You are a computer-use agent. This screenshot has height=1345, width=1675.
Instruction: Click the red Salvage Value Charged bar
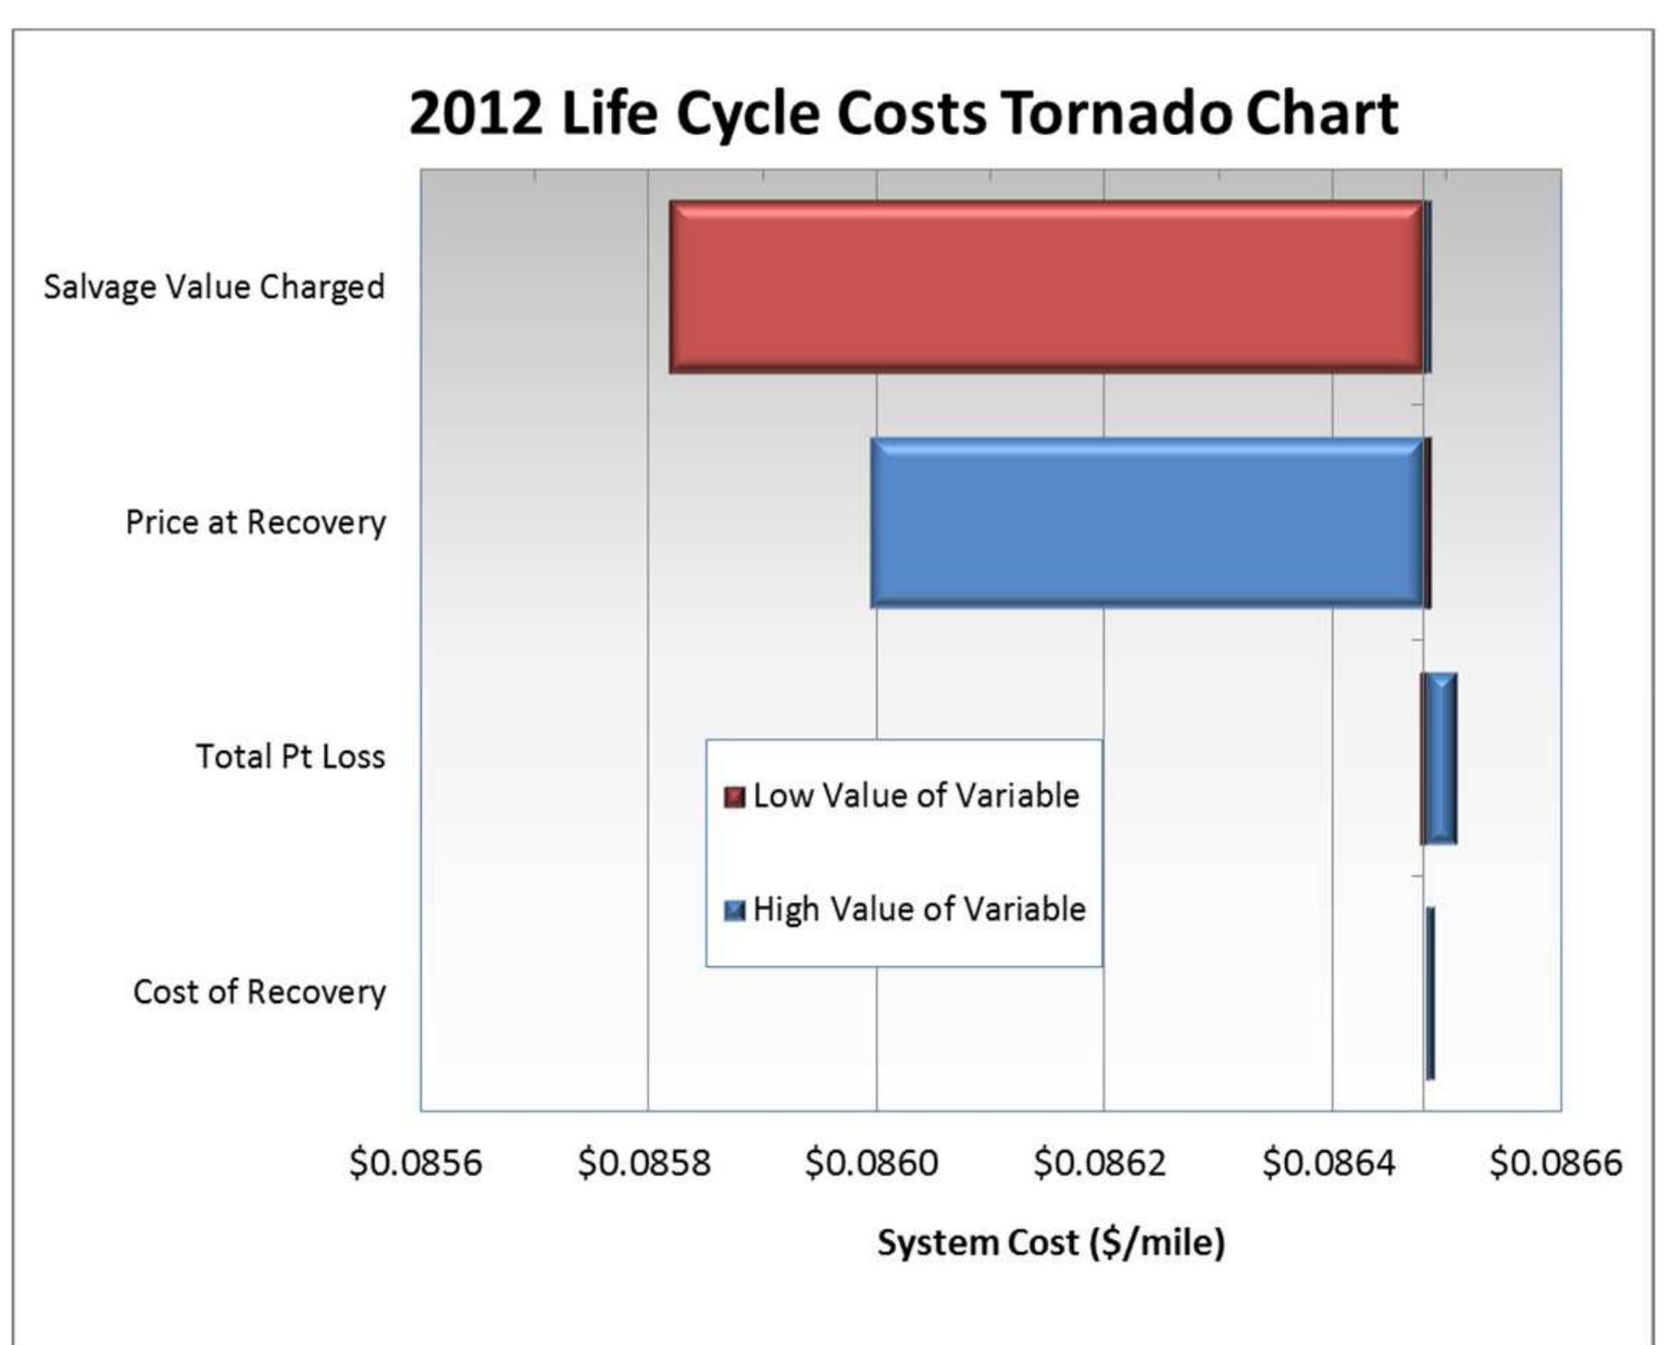point(1046,287)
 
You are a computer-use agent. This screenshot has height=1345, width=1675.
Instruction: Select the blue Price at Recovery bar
point(1147,523)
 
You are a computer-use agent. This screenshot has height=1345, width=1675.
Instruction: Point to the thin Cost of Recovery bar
point(1430,993)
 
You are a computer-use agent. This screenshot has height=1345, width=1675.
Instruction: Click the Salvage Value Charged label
point(214,287)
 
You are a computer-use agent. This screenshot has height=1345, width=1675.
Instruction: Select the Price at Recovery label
point(256,522)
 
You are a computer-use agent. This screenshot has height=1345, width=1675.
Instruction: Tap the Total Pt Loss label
point(290,756)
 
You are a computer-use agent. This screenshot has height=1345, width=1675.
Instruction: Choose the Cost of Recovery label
point(259,991)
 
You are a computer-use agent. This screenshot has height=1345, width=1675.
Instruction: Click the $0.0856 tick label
point(415,1162)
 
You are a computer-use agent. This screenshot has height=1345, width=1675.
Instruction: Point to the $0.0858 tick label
point(644,1162)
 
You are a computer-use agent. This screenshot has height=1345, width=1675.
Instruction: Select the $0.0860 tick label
point(871,1162)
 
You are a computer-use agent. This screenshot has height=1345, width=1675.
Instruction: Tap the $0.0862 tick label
point(1099,1162)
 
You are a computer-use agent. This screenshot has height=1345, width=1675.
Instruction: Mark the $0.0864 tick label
point(1327,1162)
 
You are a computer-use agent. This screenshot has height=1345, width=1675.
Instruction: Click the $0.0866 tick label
point(1555,1162)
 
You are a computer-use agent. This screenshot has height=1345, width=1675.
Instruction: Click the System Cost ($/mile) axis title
point(1050,1242)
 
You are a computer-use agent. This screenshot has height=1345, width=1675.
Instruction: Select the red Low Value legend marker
point(734,796)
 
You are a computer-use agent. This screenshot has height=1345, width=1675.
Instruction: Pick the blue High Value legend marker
point(734,910)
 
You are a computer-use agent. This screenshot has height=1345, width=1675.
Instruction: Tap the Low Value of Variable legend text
point(916,795)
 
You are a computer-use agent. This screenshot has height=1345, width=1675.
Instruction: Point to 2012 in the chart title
point(476,113)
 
